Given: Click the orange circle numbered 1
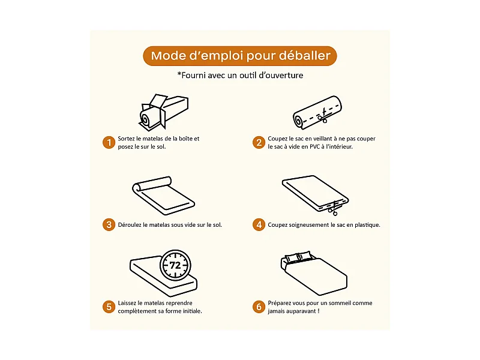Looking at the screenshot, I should coord(109,142).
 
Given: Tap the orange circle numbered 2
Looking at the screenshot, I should coord(259,142).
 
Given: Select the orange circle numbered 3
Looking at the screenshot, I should coord(109,225).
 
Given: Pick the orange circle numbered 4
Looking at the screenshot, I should coord(259,225).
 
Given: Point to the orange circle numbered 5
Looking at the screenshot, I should coord(109,307).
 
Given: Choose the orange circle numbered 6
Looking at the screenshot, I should coord(259,307).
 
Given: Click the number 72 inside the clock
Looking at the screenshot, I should coord(175,265).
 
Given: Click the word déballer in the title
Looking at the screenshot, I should coord(305,56).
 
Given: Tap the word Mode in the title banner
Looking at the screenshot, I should coord(169,56).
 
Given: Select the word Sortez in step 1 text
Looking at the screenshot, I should coord(127,139).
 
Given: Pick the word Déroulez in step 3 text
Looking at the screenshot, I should coord(131,225).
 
